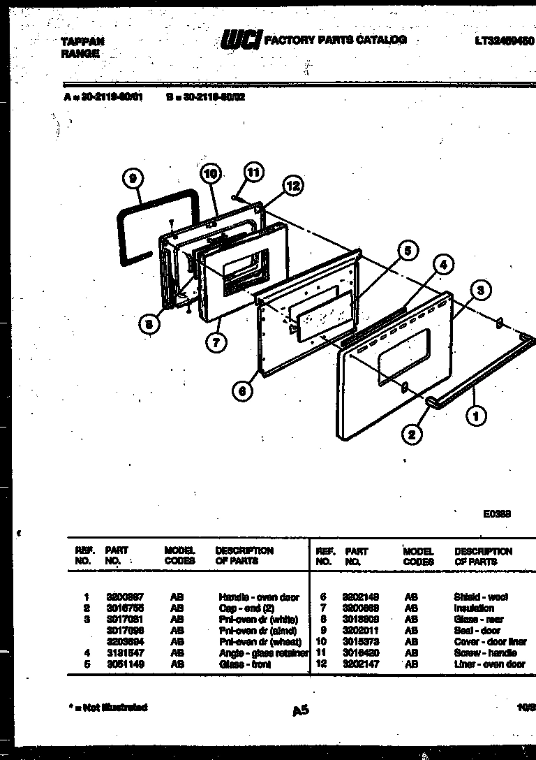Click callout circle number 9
pos(133,180)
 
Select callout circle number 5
pos(409,250)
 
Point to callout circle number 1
pos(477,417)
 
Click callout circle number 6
pos(242,392)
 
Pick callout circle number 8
pos(149,324)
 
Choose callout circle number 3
pos(479,289)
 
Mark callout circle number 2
pos(412,434)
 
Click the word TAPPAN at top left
pos(78,42)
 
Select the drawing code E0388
pos(498,513)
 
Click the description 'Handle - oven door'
pos(258,597)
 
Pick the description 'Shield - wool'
pos(481,597)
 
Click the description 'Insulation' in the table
pos(474,608)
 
